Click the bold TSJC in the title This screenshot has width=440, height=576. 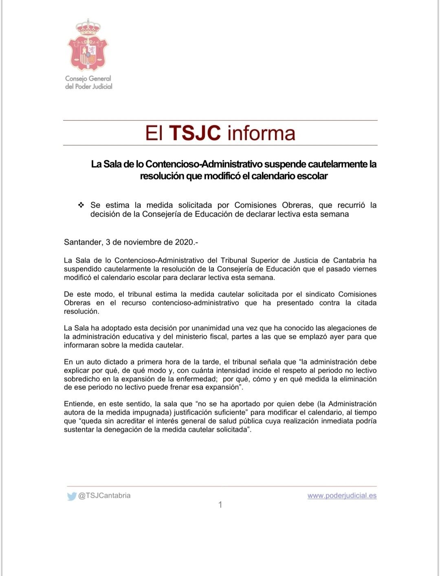point(195,133)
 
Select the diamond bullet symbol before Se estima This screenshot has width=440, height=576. point(81,205)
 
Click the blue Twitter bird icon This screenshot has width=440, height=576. point(72,496)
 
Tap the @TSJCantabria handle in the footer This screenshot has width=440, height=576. point(104,496)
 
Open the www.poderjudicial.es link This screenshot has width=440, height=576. point(342,496)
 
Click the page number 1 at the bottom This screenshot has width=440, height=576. point(220,505)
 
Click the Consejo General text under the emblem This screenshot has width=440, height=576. point(88,78)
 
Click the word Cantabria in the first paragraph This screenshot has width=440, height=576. point(349,260)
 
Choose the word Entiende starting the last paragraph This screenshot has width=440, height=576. point(79,404)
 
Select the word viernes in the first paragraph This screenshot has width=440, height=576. point(365,269)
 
